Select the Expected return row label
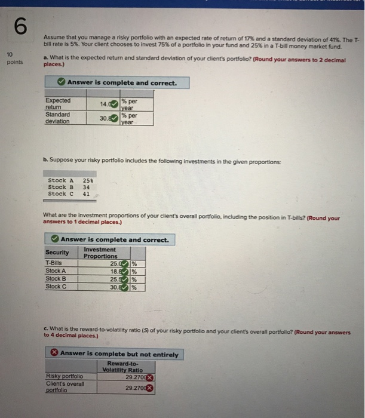coord(58,104)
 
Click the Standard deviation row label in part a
coord(58,118)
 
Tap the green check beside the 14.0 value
coord(114,104)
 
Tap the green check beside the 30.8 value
coord(114,118)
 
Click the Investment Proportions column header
coord(100,253)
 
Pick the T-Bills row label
coord(54,263)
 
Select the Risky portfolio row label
coord(65,376)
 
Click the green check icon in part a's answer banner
coord(62,82)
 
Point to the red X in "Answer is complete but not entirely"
coord(54,354)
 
